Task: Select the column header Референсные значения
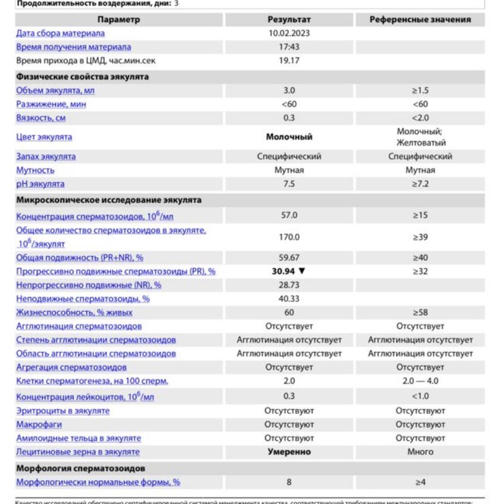420,20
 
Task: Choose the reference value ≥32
420,271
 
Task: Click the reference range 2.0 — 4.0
420,381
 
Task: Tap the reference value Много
420,452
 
